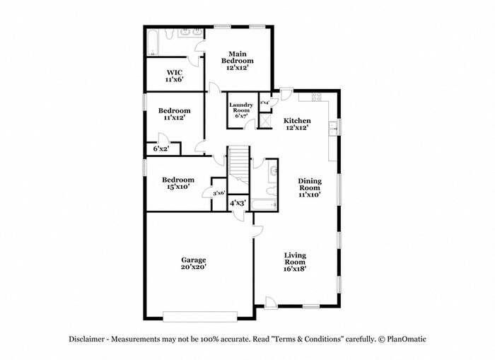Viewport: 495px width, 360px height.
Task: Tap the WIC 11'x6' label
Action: pyautogui.click(x=174, y=76)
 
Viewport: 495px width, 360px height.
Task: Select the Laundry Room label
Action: pyautogui.click(x=240, y=110)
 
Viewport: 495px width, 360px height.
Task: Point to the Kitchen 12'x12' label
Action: pyautogui.click(x=297, y=124)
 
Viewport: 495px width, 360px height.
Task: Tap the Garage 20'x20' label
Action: pyautogui.click(x=193, y=263)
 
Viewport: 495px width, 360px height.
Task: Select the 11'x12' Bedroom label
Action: pyautogui.click(x=174, y=115)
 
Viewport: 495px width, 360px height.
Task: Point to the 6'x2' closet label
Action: pyautogui.click(x=161, y=149)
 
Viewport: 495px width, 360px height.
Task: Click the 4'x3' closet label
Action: pyautogui.click(x=237, y=204)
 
